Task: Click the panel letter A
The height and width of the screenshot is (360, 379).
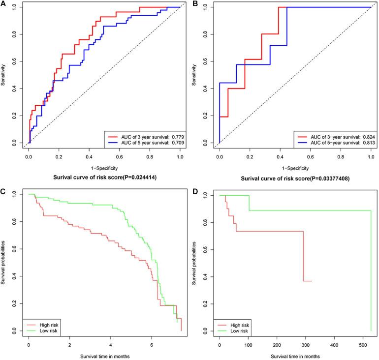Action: point(4,5)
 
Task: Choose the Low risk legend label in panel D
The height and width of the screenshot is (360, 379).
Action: point(238,332)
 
